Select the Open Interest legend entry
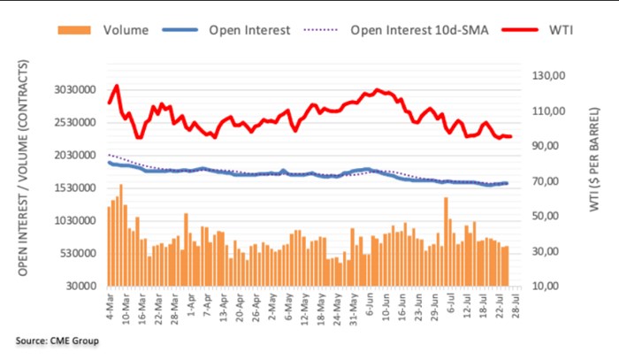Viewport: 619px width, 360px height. point(248,30)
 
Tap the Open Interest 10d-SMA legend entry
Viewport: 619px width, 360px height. point(408,30)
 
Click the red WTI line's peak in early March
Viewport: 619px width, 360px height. point(116,86)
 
